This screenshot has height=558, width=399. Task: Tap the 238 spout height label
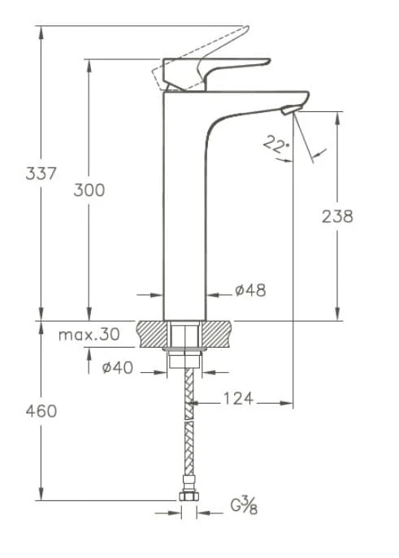(x=337, y=216)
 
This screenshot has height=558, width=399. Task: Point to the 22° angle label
(x=276, y=145)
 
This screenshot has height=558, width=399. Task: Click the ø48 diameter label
(x=250, y=290)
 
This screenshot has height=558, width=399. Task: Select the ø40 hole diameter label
(x=117, y=368)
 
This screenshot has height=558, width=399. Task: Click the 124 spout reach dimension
(x=238, y=398)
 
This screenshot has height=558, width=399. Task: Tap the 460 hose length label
(x=41, y=411)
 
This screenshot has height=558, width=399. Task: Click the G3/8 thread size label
(x=243, y=507)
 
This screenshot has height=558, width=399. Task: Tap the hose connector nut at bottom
(x=189, y=497)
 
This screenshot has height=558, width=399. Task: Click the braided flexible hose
(x=189, y=430)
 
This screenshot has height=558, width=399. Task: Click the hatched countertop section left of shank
(x=153, y=334)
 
